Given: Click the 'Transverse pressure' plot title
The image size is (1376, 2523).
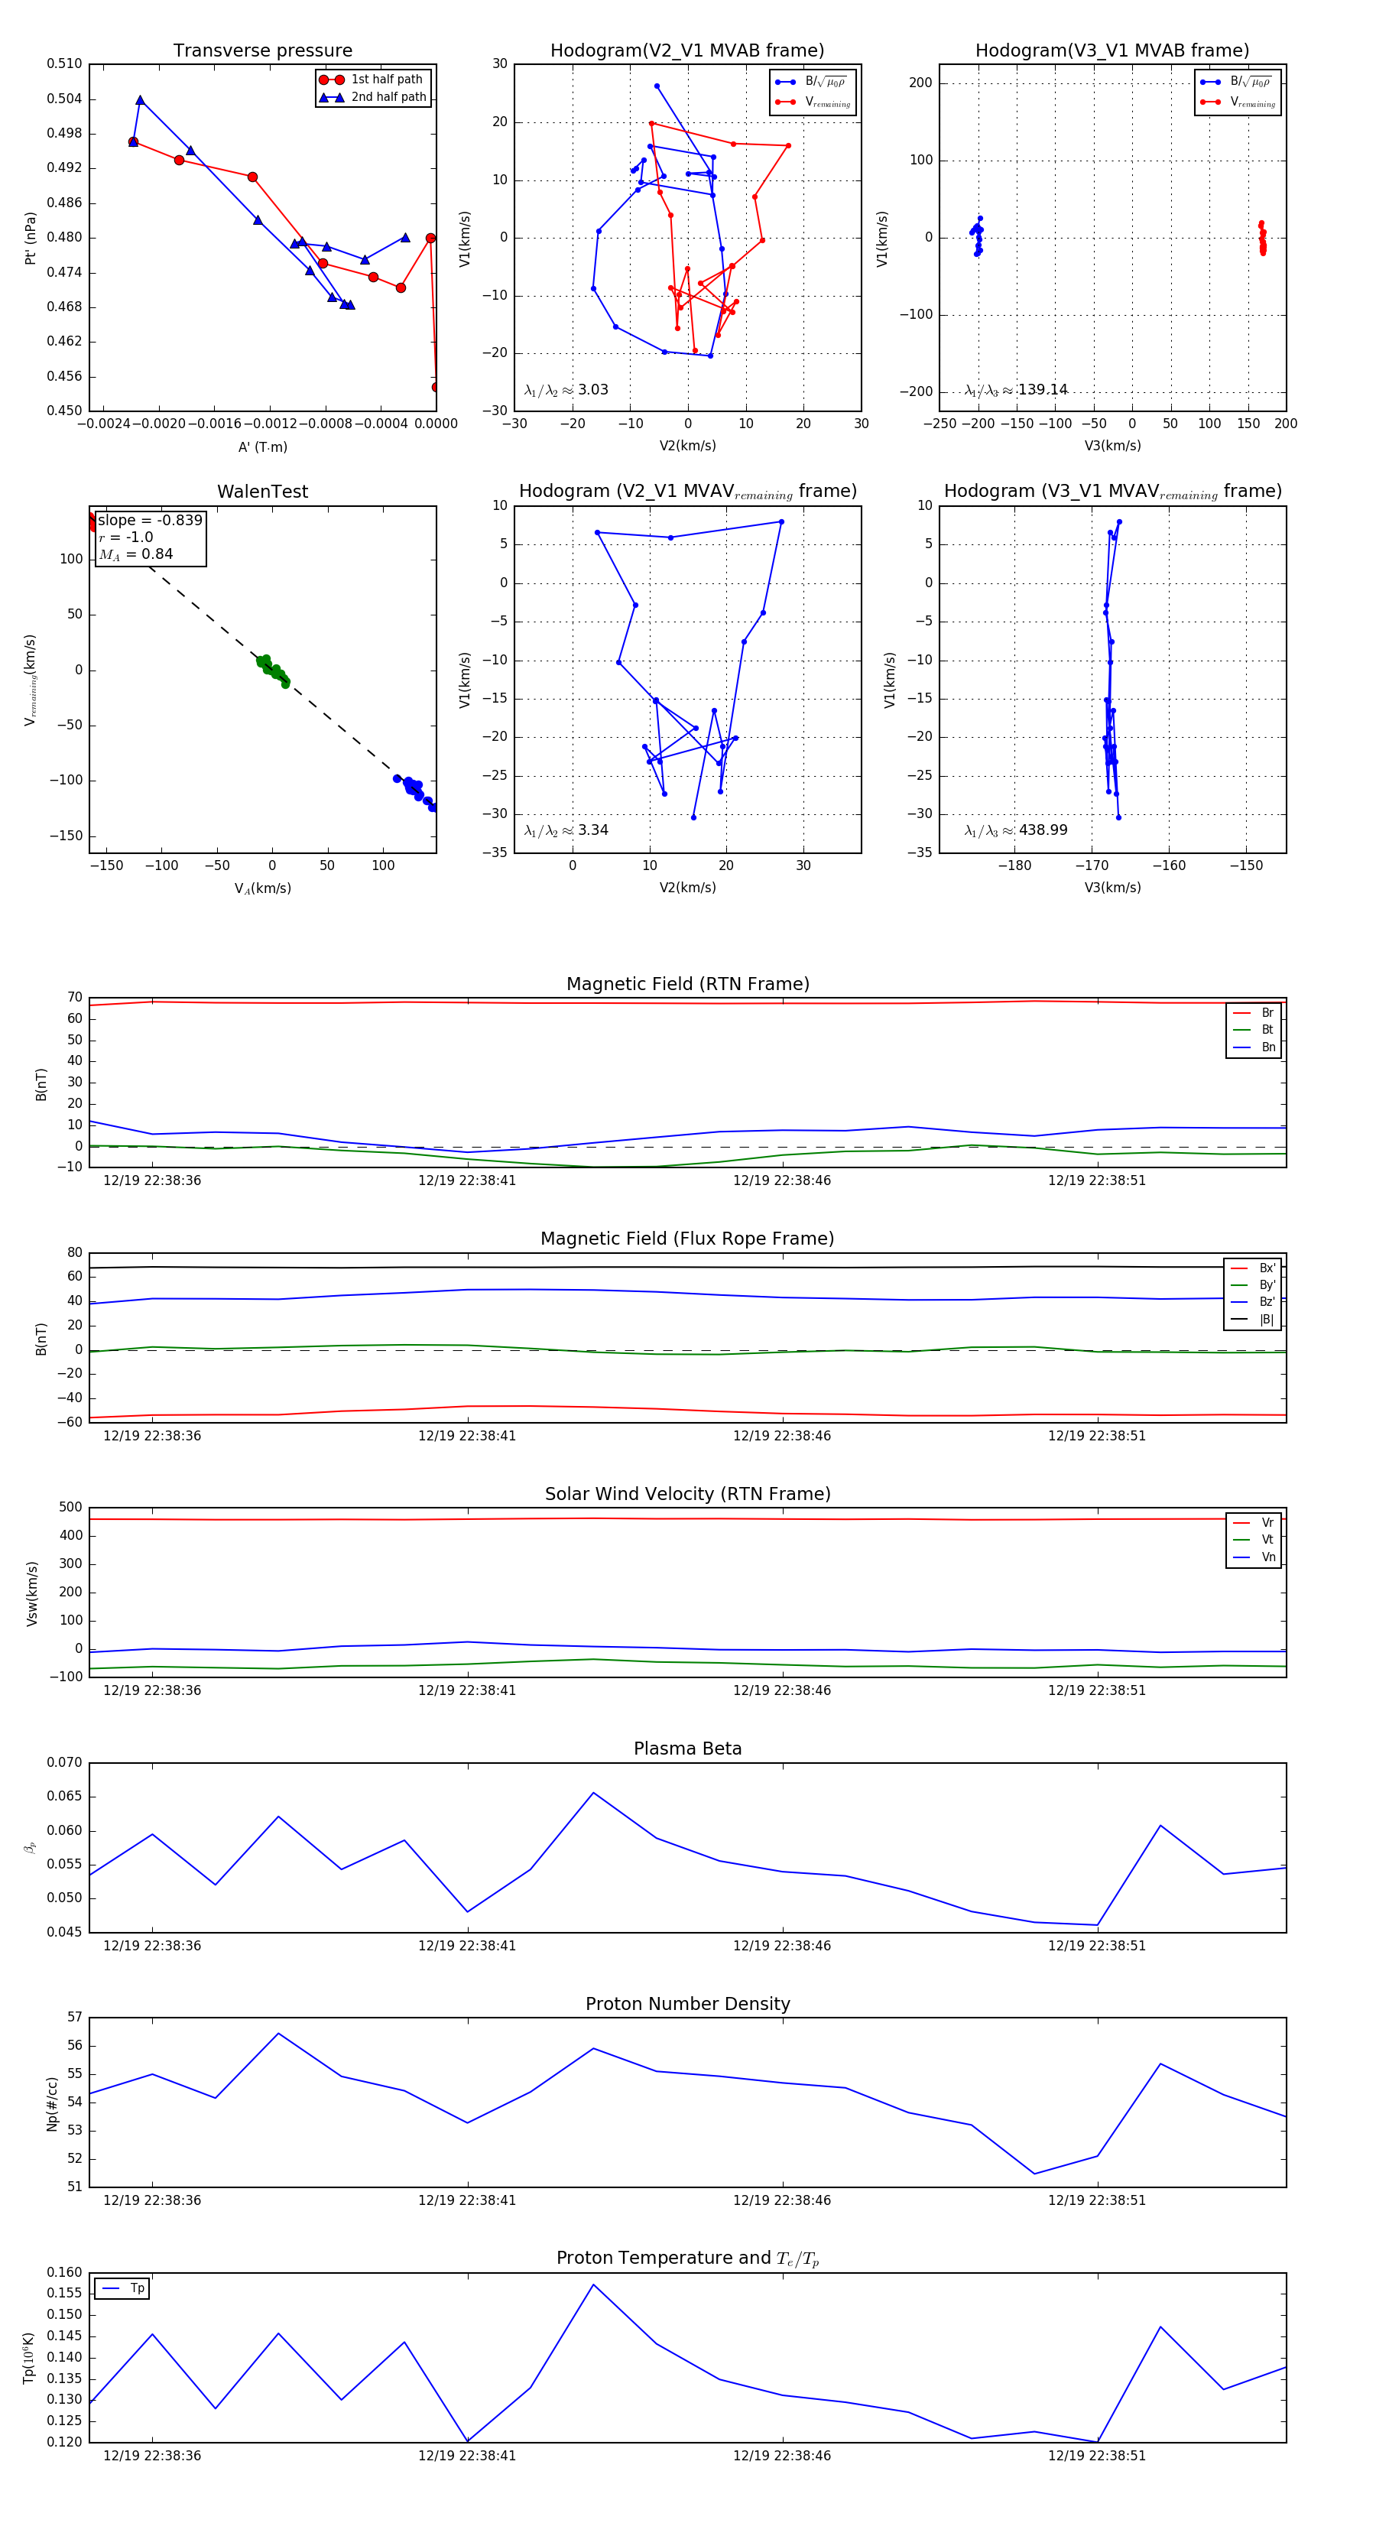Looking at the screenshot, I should pyautogui.click(x=262, y=51).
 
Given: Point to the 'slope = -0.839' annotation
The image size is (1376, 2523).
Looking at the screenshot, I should pyautogui.click(x=150, y=520).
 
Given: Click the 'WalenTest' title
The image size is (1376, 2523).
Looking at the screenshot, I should pyautogui.click(x=262, y=492).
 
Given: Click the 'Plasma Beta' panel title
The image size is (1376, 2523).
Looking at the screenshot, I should pyautogui.click(x=687, y=1749).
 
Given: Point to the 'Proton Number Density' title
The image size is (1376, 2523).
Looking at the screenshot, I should pyautogui.click(x=687, y=2004).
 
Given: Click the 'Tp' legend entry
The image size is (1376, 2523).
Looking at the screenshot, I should pyautogui.click(x=136, y=2288).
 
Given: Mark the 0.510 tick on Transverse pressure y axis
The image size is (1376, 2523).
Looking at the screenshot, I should pyautogui.click(x=65, y=63).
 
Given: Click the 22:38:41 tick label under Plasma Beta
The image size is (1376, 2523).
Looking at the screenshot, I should pyautogui.click(x=467, y=1945).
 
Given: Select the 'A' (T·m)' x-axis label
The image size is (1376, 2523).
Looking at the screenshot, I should pyautogui.click(x=262, y=446).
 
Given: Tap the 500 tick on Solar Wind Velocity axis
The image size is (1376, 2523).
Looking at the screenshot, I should pyautogui.click(x=70, y=1508).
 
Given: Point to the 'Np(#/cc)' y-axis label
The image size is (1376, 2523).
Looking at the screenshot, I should pyautogui.click(x=53, y=2104).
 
